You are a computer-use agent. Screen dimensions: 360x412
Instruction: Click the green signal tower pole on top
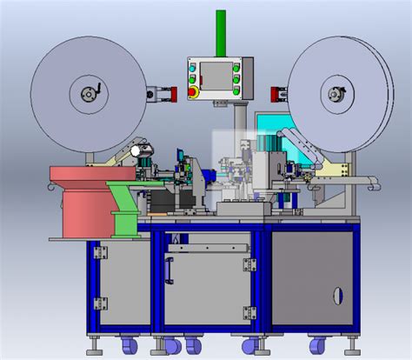pos(221,32)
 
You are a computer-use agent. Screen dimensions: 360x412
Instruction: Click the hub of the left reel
pos(89,93)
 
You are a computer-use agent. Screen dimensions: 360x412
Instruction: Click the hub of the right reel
pos(335,93)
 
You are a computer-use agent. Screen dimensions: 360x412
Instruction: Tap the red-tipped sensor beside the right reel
pos(279,93)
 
